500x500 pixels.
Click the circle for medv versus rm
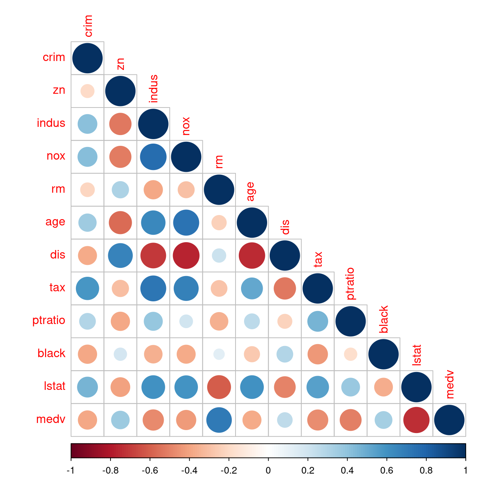coord(219,420)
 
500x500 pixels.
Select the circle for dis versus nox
coord(186,256)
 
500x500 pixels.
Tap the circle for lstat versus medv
coord(416,420)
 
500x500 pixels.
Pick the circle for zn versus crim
coord(87,91)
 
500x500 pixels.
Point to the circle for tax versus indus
coord(153,288)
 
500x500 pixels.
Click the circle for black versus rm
coord(219,354)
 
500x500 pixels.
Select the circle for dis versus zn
coord(120,256)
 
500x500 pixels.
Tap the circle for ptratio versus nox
coord(186,321)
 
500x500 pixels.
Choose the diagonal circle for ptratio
coord(350,321)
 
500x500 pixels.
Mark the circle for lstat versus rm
coord(219,387)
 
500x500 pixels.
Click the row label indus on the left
coord(51,123)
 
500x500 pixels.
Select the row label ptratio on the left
coord(49,320)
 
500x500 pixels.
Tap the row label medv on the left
coord(51,419)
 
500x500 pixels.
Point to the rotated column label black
coord(384,319)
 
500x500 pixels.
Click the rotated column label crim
coord(88,26)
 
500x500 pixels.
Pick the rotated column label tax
coord(318,259)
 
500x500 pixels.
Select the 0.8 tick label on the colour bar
coord(426,471)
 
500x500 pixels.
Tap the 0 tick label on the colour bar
coord(268,471)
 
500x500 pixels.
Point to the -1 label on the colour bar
coord(70,471)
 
